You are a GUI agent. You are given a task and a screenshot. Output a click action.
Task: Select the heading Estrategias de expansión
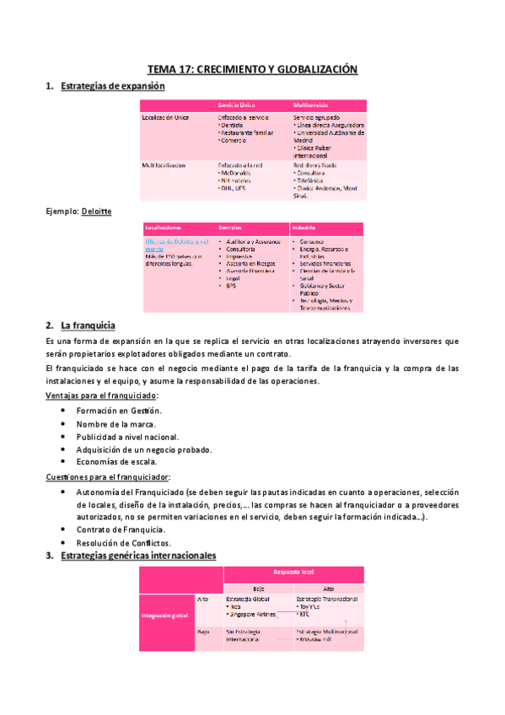pos(113,86)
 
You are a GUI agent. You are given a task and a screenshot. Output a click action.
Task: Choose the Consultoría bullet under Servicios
pos(245,250)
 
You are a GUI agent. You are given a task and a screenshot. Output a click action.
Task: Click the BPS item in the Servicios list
pos(231,286)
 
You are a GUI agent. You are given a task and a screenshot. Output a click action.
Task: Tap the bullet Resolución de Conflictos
pos(123,542)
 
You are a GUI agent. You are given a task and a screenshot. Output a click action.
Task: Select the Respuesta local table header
pos(293,573)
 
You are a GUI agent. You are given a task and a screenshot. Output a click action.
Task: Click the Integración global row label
pos(164,616)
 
